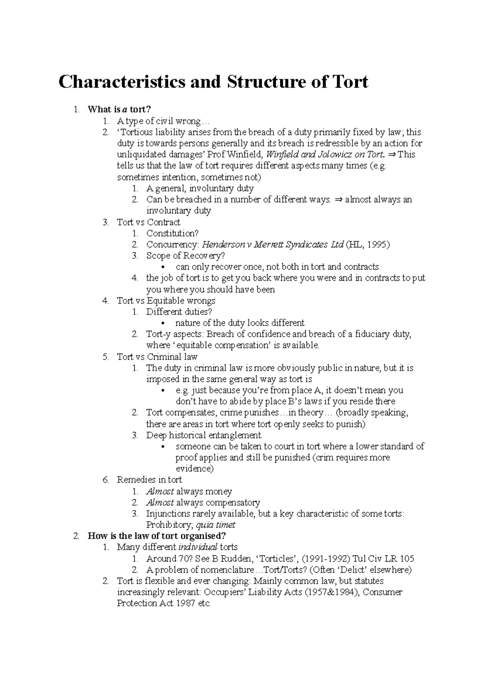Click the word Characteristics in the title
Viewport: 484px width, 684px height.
click(x=122, y=82)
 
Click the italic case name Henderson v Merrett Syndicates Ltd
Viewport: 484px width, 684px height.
click(x=273, y=245)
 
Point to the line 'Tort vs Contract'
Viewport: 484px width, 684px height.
click(x=148, y=222)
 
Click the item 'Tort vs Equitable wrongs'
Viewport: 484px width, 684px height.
click(x=166, y=301)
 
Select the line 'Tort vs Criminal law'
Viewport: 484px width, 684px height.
click(x=157, y=357)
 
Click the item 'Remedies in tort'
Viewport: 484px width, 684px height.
click(x=149, y=480)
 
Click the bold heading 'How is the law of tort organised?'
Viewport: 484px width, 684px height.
click(x=157, y=536)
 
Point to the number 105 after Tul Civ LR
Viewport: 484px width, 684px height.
click(x=407, y=559)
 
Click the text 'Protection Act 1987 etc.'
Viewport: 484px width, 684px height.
click(x=164, y=603)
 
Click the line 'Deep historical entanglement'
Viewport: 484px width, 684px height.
click(x=204, y=435)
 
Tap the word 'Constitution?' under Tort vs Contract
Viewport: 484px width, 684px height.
click(x=173, y=234)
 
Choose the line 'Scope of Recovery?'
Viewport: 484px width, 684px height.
click(x=186, y=256)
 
